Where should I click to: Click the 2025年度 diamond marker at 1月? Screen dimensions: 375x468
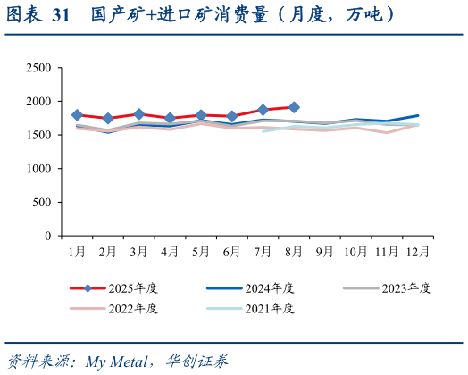(x=77, y=115)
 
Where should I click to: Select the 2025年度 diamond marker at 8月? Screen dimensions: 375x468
(x=294, y=107)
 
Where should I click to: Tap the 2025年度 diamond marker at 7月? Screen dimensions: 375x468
(x=263, y=110)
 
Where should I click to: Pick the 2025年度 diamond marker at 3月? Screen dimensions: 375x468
(x=139, y=114)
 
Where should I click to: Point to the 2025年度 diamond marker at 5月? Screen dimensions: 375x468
(x=201, y=115)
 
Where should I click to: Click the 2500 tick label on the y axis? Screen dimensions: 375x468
(x=38, y=68)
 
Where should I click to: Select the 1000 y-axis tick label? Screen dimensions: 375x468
(x=38, y=169)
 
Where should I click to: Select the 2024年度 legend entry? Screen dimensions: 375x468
(x=269, y=288)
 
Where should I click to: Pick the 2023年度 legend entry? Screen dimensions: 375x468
(x=405, y=288)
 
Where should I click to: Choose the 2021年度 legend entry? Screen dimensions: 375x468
(x=269, y=309)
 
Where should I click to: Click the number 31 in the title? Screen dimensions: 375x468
(x=61, y=16)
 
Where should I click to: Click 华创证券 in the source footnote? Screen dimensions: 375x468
(x=196, y=362)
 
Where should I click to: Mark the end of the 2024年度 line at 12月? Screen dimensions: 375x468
(x=418, y=115)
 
